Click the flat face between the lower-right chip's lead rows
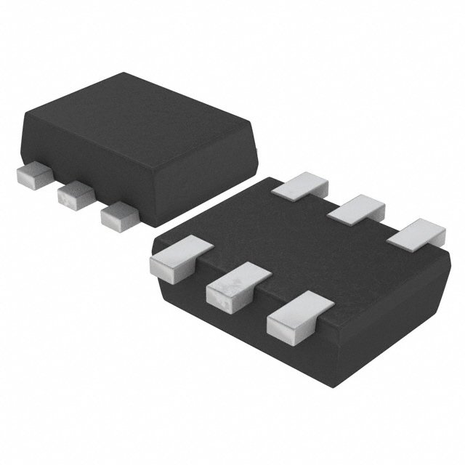(x=305, y=247)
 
